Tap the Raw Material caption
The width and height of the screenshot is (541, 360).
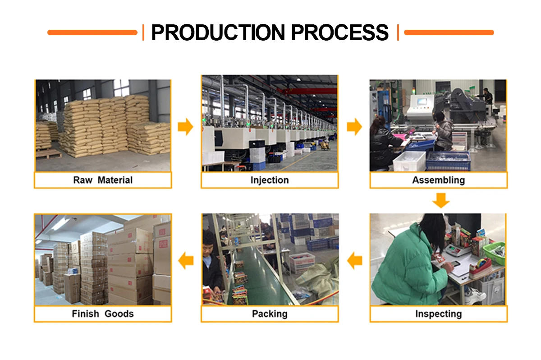[x=103, y=180]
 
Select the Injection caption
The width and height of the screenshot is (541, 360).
[x=270, y=180]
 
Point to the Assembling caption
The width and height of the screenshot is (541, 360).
[x=438, y=180]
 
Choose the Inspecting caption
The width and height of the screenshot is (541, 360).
[x=438, y=314]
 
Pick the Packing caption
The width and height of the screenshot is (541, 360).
[x=270, y=314]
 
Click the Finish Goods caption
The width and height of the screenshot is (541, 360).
[x=103, y=314]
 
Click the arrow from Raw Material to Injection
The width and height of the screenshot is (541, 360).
[x=185, y=127]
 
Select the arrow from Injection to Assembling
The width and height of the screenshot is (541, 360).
[x=354, y=127]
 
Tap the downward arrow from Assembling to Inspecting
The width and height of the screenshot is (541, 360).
[x=440, y=200]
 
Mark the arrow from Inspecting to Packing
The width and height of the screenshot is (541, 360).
[x=354, y=260]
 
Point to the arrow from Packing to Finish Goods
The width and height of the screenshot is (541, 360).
[x=186, y=260]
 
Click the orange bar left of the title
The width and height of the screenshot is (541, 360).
[x=92, y=32]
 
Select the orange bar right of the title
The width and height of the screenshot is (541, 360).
[x=449, y=32]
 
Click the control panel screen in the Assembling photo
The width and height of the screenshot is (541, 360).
[x=422, y=102]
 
